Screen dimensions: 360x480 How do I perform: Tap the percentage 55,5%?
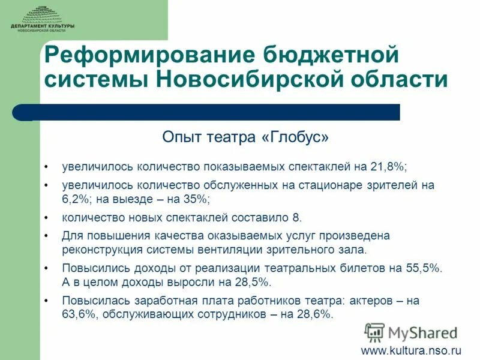(420, 268)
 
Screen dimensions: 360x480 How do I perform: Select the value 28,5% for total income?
(250, 281)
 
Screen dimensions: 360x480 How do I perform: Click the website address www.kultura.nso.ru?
(410, 349)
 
